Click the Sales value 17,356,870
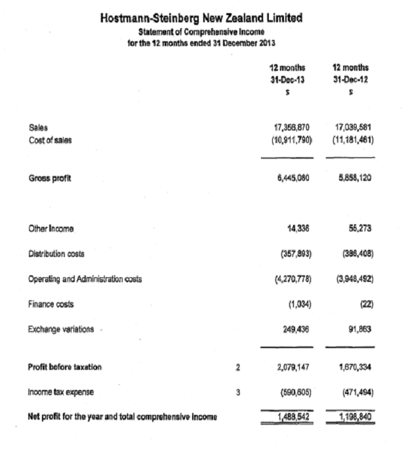pos(291,127)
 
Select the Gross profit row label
pos(49,178)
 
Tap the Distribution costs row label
pos(57,254)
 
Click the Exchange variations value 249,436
pos(294,329)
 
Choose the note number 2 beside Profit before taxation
pos(239,368)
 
